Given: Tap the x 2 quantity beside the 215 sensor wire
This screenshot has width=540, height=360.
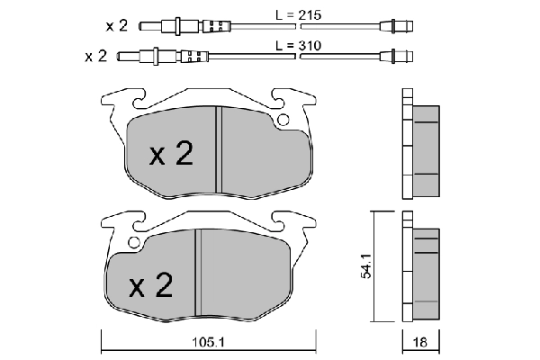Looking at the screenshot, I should (x=116, y=23).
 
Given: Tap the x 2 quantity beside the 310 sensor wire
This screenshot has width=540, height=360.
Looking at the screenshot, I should (x=96, y=56).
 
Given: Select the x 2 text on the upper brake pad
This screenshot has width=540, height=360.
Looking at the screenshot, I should (x=171, y=155).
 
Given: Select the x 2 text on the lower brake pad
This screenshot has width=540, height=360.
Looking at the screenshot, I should (x=150, y=287).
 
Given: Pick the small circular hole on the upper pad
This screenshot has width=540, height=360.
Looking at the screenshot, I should (x=283, y=121).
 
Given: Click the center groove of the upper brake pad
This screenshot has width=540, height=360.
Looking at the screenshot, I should (x=218, y=148).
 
